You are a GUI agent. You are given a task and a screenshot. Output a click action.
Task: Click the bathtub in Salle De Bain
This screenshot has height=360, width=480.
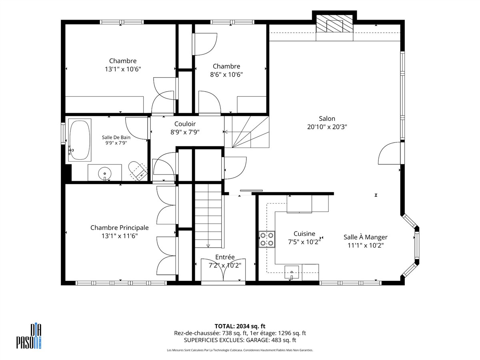[x=80, y=140]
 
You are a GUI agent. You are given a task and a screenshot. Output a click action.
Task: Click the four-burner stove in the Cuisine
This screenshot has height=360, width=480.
[x=267, y=239]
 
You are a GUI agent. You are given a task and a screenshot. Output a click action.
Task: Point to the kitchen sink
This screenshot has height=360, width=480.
[x=292, y=272]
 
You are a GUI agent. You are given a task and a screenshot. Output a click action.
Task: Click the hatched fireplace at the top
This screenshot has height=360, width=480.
[x=334, y=24]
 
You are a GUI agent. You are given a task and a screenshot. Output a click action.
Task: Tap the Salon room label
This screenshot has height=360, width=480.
[x=327, y=119]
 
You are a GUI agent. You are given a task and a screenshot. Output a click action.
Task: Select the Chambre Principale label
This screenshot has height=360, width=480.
[x=119, y=228]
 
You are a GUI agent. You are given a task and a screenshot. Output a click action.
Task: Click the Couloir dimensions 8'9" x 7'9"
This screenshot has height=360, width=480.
[x=185, y=132]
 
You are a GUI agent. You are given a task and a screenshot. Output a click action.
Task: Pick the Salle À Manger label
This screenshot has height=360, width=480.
[x=366, y=237]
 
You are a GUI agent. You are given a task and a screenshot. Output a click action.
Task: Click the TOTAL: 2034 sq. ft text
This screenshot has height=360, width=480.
[x=240, y=326]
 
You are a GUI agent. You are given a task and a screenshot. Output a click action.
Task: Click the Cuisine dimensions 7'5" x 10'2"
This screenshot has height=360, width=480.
[x=304, y=242]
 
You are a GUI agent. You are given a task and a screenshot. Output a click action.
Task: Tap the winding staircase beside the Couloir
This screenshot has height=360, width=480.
[x=247, y=132]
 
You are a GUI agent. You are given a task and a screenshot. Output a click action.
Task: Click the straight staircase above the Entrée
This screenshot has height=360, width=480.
[x=208, y=216]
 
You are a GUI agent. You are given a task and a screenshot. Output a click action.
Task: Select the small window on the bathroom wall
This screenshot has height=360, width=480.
[x=63, y=134]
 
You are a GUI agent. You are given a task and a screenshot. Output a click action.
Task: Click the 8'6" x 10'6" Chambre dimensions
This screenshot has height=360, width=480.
[x=226, y=74]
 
